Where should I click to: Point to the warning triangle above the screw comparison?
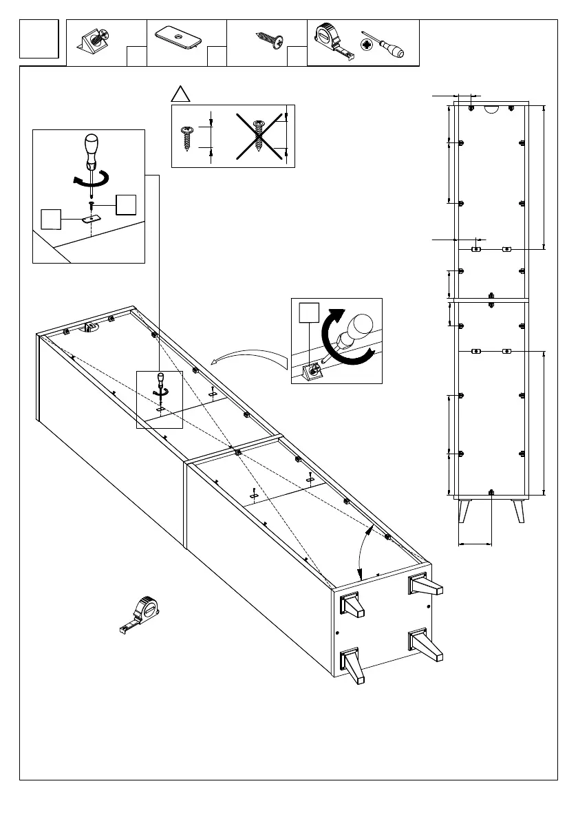[x=180, y=94]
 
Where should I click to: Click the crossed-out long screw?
[x=259, y=136]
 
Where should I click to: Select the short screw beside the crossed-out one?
[x=186, y=137]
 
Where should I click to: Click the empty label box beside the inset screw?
[x=126, y=205]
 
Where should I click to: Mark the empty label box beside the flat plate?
[x=52, y=218]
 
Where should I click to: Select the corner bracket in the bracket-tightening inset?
[x=312, y=372]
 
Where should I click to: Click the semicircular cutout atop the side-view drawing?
[x=491, y=107]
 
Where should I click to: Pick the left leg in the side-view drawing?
[x=463, y=511]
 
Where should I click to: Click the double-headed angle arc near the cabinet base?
[x=364, y=550]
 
